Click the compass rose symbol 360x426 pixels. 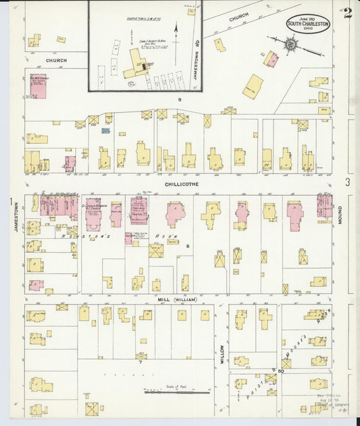coord(290,45)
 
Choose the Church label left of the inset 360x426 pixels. coord(56,61)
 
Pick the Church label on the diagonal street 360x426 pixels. coord(238,18)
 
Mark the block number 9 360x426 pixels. coord(180,100)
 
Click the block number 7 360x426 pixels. coord(140,362)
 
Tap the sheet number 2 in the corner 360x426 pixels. coord(347,14)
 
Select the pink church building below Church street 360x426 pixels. coord(38,86)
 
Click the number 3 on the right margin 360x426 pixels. coord(347,182)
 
